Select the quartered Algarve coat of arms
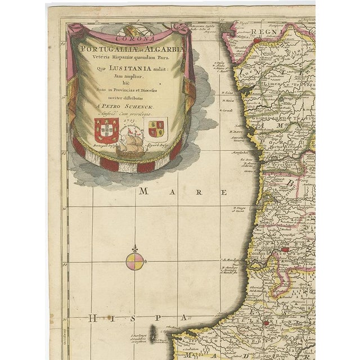pyautogui.click(x=157, y=128)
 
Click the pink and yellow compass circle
pyautogui.click(x=136, y=260)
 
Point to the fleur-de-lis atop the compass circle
pyautogui.click(x=136, y=248)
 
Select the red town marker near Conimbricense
pyautogui.click(x=284, y=249)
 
